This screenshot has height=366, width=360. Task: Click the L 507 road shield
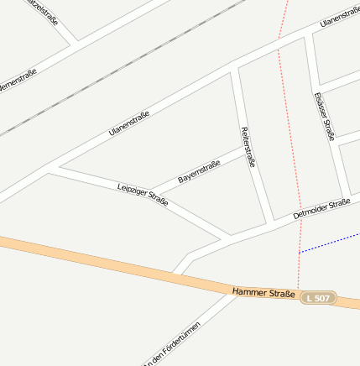tap(319, 298)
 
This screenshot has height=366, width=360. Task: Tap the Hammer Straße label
tap(263, 293)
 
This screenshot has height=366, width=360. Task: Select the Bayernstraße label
tap(199, 173)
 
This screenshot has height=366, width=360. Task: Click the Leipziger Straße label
tap(143, 194)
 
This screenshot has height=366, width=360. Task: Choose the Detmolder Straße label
tap(321, 209)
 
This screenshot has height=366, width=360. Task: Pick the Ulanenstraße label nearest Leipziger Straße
tap(129, 124)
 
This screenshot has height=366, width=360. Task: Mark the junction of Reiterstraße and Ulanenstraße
tap(234, 67)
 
